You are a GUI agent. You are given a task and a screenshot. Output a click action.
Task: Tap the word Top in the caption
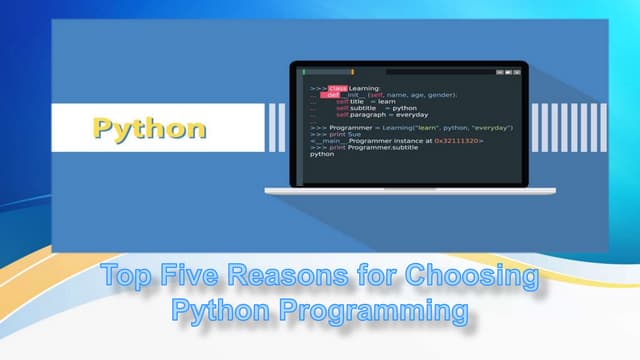click(128, 275)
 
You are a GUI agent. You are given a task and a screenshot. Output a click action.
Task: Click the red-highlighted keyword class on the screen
click(337, 88)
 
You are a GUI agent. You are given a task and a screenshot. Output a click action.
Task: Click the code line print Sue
click(345, 134)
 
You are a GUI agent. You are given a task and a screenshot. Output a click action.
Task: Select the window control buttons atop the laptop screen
click(508, 72)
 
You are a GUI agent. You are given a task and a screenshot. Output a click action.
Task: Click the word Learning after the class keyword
click(364, 88)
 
